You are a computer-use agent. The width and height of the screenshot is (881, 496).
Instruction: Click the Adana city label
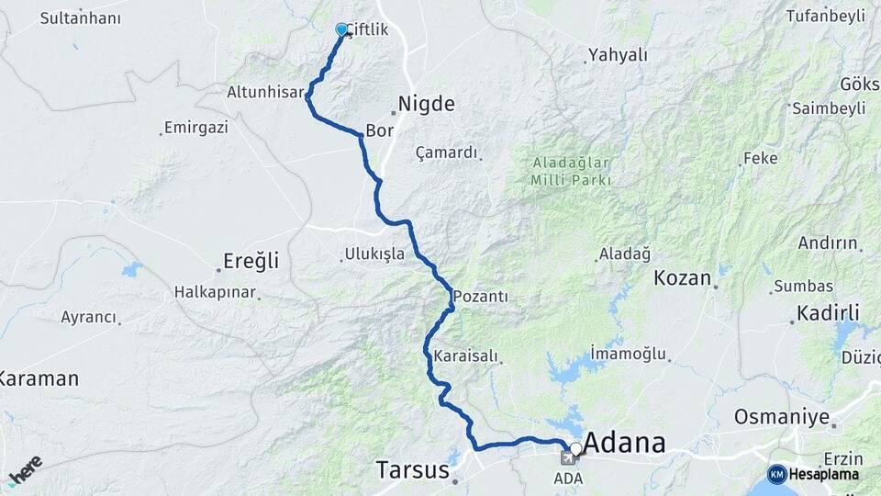tap(625, 443)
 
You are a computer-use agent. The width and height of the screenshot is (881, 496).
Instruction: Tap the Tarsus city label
tap(412, 470)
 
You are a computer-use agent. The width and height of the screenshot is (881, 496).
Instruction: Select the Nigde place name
tap(427, 104)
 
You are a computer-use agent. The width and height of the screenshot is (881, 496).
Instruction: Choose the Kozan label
tap(683, 277)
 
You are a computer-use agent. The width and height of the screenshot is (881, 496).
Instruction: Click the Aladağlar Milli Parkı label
tap(571, 172)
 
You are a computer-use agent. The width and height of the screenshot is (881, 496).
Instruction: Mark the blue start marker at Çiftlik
tap(342, 29)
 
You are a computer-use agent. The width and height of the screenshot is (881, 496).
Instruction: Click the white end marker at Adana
tap(575, 449)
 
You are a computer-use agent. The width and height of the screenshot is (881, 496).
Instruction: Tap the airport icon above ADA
tap(568, 458)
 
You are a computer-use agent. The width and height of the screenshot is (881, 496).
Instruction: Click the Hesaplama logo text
tap(823, 474)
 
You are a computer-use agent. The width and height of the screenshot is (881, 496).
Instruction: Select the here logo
tap(25, 469)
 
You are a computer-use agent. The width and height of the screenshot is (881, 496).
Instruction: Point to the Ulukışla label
tap(374, 254)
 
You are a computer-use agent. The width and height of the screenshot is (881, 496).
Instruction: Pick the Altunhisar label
tap(265, 92)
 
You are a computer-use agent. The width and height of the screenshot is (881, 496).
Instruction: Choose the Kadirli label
tap(827, 312)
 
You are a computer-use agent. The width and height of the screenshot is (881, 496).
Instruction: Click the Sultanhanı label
tap(81, 17)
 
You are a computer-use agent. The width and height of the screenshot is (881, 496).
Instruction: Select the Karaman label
tap(39, 378)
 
